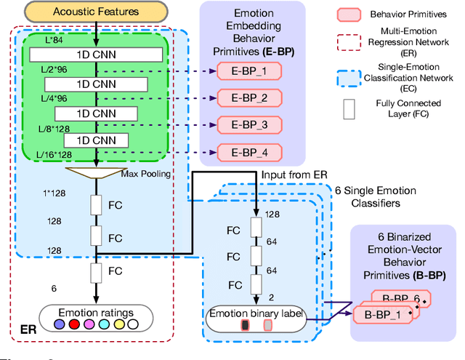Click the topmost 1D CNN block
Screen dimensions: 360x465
tap(95, 55)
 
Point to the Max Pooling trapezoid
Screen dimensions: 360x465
tap(95, 174)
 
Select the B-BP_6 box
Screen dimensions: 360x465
tap(396, 298)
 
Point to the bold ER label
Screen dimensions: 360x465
tap(26, 331)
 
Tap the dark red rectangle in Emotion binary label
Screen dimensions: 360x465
tap(245, 324)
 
